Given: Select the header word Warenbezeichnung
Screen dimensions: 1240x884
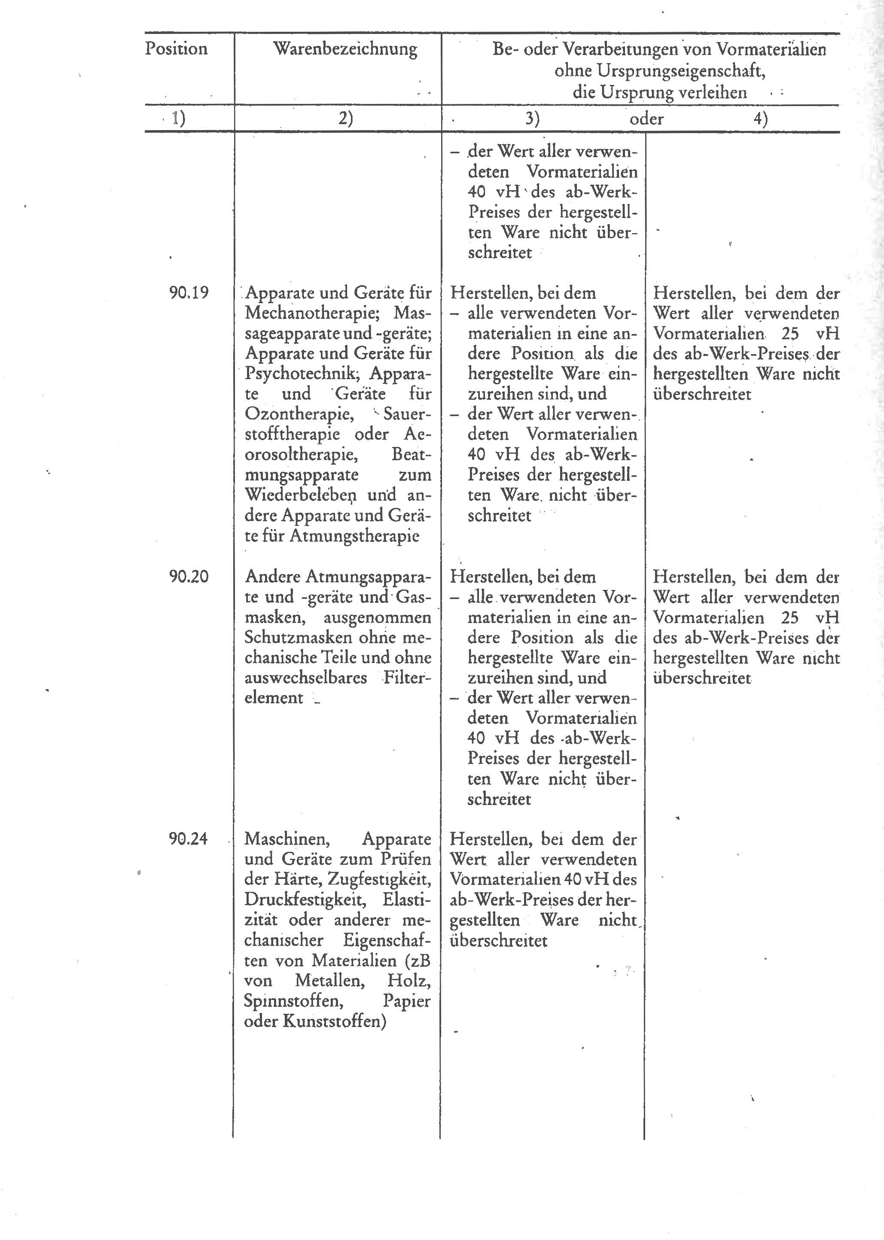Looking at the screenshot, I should tap(345, 49).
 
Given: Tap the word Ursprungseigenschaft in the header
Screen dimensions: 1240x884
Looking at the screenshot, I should tap(660, 71).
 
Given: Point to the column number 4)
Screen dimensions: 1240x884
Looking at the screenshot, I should tap(760, 119).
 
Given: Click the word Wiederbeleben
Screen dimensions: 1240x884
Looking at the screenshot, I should tap(301, 495).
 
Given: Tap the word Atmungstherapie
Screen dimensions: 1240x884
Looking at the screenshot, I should tap(354, 536).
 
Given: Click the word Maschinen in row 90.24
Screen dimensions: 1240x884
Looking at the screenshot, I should tap(287, 839).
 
